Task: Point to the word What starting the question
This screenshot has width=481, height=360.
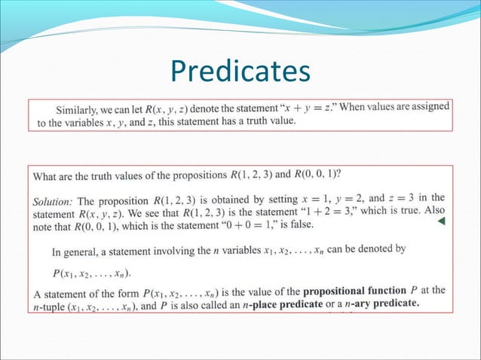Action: tap(45, 176)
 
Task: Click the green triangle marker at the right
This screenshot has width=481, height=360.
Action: tap(443, 221)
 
